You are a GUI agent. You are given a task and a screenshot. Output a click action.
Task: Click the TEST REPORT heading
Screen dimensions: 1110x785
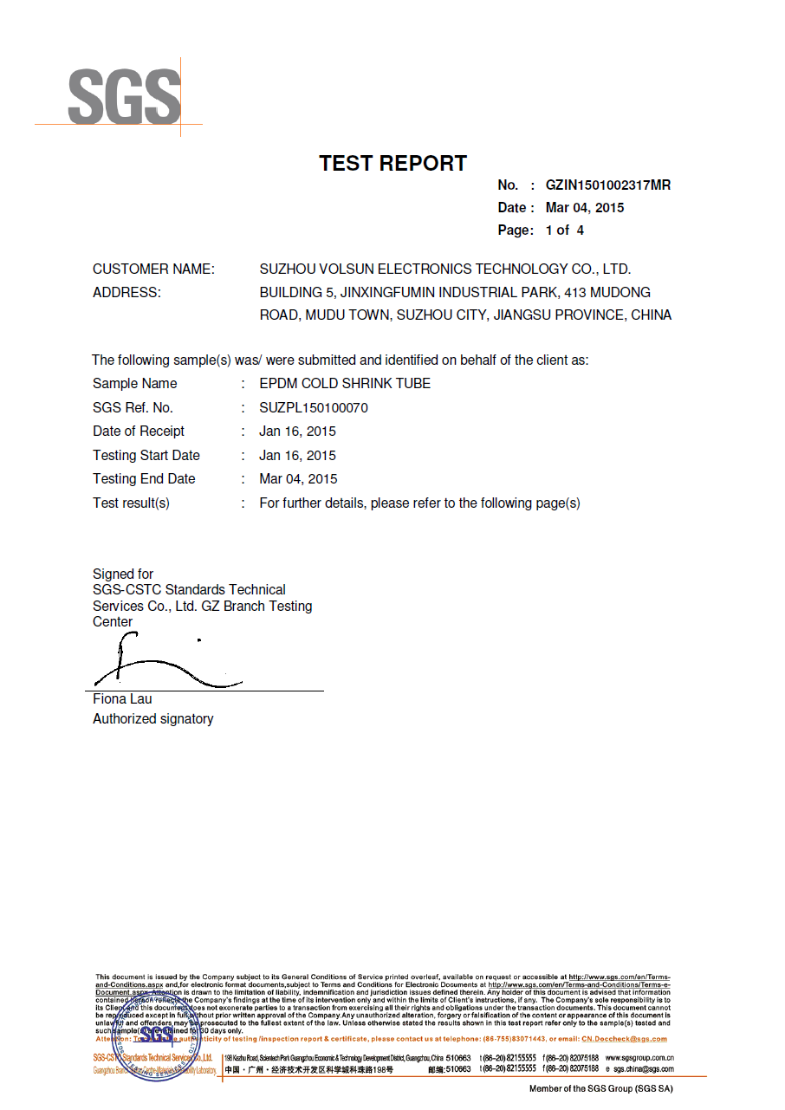[392, 163]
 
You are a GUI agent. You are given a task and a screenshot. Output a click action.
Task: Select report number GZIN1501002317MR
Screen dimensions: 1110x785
[607, 185]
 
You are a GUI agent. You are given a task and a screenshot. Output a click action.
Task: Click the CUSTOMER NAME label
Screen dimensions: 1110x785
[153, 269]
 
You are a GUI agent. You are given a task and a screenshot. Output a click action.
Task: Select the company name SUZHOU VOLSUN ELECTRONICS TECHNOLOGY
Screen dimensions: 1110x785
[444, 269]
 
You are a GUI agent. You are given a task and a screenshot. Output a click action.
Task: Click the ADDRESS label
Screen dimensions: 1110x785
[127, 293]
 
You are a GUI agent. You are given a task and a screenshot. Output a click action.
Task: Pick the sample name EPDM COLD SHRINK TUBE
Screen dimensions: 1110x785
[345, 384]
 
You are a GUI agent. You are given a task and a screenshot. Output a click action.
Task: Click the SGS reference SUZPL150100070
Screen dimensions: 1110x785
[314, 408]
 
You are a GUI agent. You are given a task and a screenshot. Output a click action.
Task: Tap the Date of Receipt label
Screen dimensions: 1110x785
[139, 432]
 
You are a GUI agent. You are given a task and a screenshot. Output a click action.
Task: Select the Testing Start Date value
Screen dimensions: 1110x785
[297, 456]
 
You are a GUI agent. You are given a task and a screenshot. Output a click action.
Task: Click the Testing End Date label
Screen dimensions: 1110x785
[144, 479]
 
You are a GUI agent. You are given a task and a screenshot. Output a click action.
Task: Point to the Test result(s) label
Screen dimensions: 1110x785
[131, 503]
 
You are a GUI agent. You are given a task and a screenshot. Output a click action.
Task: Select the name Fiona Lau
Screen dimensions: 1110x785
[122, 699]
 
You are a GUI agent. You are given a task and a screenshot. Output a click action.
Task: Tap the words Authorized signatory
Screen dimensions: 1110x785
[152, 719]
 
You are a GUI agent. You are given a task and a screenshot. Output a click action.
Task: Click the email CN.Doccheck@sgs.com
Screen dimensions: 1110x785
[624, 1039]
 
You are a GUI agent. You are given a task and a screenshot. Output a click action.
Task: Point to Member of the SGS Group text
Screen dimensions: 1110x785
[600, 1089]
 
